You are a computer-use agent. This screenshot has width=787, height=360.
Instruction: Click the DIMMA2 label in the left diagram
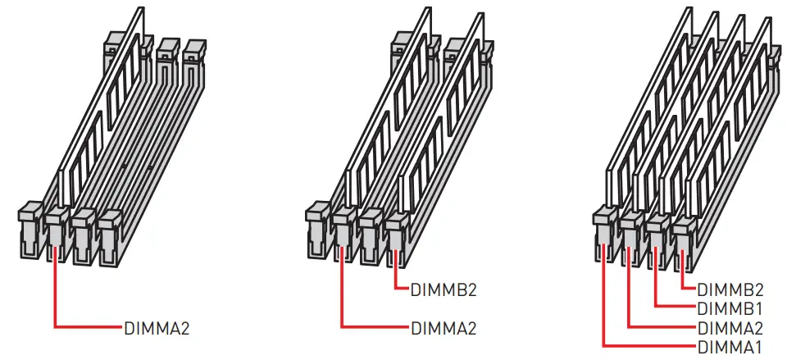(x=157, y=329)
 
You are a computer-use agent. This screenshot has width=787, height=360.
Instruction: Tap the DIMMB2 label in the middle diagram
(x=444, y=290)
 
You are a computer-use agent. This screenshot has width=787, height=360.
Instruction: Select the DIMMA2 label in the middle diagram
(x=444, y=329)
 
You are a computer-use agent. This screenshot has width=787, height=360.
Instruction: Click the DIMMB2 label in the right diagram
(x=730, y=289)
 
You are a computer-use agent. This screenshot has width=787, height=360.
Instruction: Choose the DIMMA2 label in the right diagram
(x=730, y=328)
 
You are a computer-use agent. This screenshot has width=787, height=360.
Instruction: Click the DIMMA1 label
(x=730, y=346)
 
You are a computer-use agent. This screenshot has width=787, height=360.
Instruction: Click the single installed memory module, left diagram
(x=100, y=108)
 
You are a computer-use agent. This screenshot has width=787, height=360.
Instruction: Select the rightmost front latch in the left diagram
(x=111, y=237)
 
